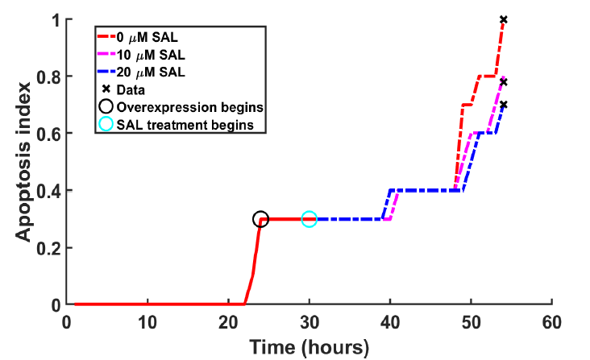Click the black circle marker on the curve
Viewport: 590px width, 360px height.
click(x=260, y=219)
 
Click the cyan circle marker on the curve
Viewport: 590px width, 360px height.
click(x=309, y=219)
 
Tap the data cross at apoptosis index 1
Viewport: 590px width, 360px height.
click(x=503, y=19)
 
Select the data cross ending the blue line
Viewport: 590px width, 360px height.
click(x=503, y=105)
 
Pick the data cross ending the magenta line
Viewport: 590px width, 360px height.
click(x=503, y=81)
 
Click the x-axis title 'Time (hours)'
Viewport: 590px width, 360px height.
click(x=310, y=347)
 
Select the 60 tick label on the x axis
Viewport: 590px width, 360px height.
click(x=551, y=321)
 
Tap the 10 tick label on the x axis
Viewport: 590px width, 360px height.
click(x=147, y=321)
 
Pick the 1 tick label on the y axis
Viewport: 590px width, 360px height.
click(x=56, y=19)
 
